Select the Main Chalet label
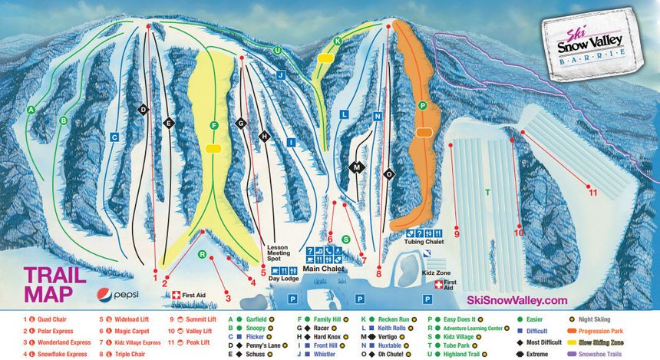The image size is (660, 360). [x=323, y=269]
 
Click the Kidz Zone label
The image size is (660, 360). [x=435, y=273]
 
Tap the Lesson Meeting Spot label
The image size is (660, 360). [x=276, y=253]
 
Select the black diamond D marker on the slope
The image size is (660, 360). [x=142, y=111]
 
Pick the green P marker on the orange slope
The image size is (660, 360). [x=422, y=105]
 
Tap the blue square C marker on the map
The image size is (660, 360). [x=114, y=137]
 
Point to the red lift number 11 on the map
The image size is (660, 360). [x=592, y=193]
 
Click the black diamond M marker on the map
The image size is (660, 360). [x=355, y=167]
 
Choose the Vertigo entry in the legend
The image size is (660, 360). [x=388, y=337]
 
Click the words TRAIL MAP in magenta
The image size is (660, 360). [x=48, y=285]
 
